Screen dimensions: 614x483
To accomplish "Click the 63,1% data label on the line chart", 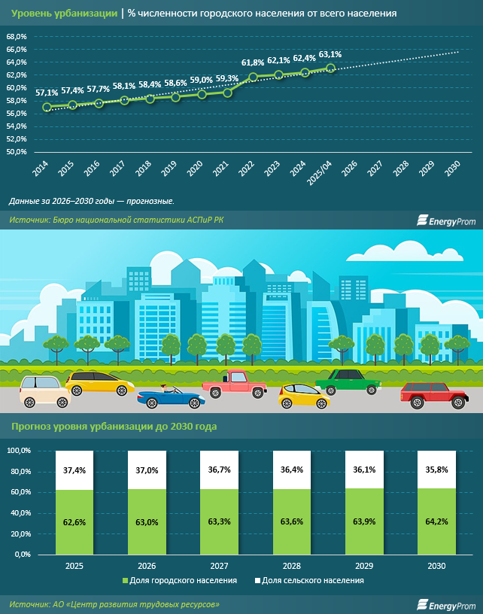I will tap(330, 54).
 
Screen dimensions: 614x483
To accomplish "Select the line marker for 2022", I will tap(254, 77).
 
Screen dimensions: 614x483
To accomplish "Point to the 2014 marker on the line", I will tap(47, 107).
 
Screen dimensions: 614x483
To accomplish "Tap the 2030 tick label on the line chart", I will tap(452, 168).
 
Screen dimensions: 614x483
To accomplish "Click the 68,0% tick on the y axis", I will tap(17, 36).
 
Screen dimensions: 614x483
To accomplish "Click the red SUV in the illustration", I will tap(433, 394).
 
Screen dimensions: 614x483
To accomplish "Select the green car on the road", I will tap(349, 381).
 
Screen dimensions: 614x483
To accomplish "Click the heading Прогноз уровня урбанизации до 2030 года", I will tap(114, 427).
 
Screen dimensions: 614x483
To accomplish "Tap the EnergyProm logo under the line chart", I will tap(447, 220).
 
